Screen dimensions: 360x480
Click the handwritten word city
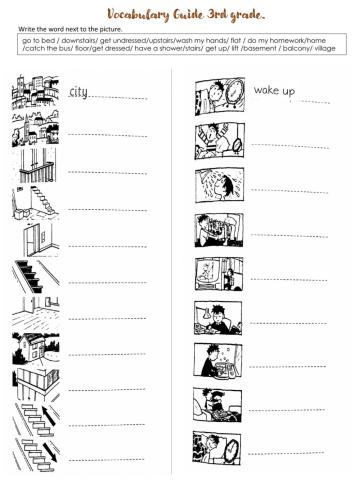pyautogui.click(x=79, y=93)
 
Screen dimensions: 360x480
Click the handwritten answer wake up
pyautogui.click(x=273, y=91)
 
